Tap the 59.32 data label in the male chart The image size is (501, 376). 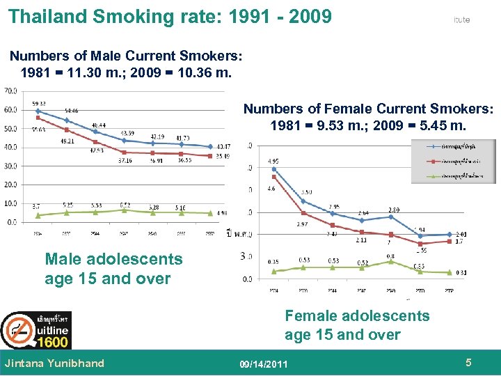tap(39, 104)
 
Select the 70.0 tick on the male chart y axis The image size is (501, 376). tap(11, 91)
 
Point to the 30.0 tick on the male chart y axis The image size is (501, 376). tap(11, 166)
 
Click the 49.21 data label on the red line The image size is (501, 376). tap(67, 141)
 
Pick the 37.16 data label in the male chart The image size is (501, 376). tap(126, 159)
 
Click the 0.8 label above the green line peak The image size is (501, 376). tap(390, 256)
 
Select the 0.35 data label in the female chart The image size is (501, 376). tap(273, 262)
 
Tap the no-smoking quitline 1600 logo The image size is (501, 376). tap(35, 330)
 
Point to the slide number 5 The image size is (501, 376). tap(469, 363)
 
